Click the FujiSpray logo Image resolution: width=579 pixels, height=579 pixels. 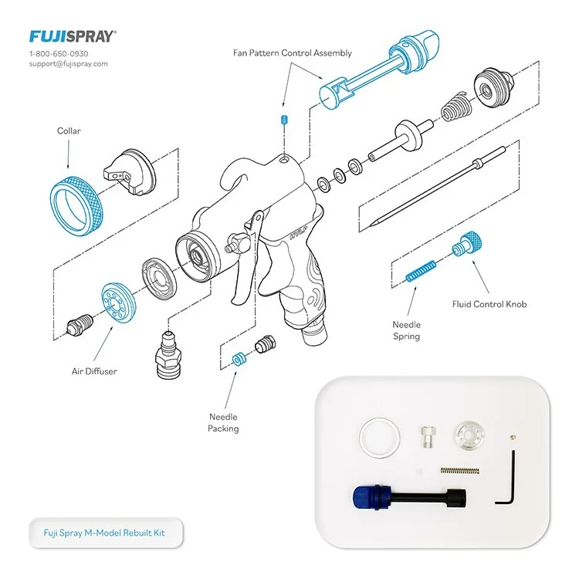pos(73,36)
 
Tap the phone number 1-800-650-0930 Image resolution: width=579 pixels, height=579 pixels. pos(59,53)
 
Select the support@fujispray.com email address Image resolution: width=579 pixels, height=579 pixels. pos(68,64)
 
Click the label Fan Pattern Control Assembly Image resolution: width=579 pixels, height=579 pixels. pos(293,53)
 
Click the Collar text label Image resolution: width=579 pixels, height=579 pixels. pos(69,131)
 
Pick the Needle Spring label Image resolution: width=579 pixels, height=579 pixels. pos(406,331)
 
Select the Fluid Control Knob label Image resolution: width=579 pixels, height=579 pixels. pos(489,304)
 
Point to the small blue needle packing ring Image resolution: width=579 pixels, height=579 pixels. pos(239,359)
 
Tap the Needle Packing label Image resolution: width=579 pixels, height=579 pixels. pos(223,422)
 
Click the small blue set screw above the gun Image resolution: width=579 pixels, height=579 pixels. pos(283,122)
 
